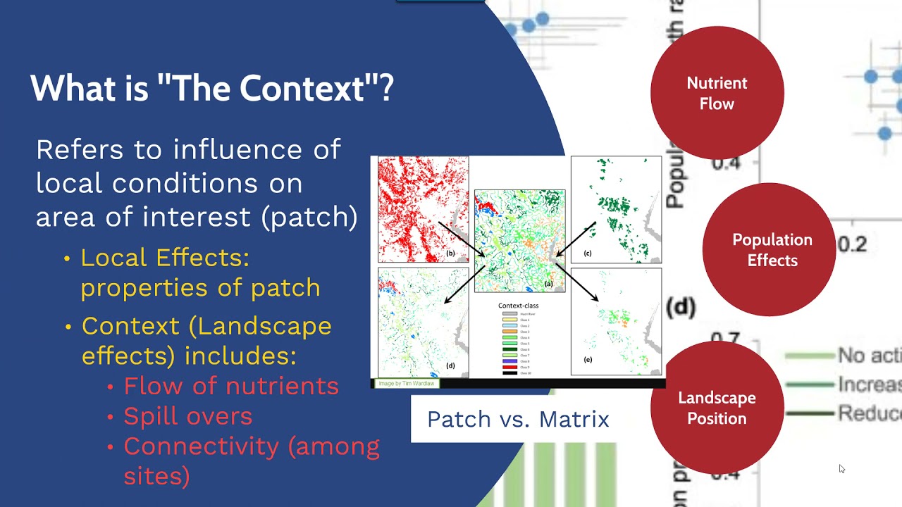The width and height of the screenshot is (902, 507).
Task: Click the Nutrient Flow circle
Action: [717, 93]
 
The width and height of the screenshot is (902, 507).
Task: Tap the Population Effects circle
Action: [770, 250]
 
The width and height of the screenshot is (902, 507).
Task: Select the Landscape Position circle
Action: [717, 408]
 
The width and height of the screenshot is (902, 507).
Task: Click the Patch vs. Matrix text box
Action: [518, 420]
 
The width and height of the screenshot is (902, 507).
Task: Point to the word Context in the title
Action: [290, 89]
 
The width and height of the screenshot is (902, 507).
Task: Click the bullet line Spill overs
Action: [187, 416]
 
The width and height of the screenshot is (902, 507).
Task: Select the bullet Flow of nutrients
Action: [231, 386]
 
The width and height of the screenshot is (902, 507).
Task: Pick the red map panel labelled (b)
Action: [423, 209]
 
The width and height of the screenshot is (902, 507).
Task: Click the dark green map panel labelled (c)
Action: [616, 209]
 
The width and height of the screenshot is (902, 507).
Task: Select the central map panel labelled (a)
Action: [519, 240]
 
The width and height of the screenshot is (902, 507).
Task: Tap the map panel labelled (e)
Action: [616, 321]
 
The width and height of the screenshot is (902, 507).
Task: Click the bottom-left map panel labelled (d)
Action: [423, 322]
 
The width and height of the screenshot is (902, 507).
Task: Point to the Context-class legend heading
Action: [518, 306]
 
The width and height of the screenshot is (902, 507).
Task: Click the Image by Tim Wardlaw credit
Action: [407, 384]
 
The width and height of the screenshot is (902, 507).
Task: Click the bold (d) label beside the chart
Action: [681, 307]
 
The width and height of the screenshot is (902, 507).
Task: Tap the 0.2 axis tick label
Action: [852, 244]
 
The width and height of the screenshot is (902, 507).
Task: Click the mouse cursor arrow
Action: [841, 468]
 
